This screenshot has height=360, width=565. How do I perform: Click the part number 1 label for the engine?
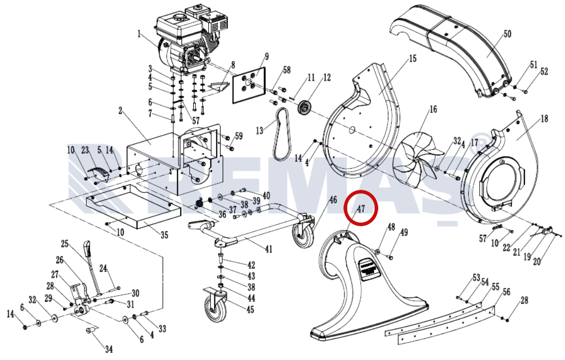click(139, 34)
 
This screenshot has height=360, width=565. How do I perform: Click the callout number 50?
click(507, 34)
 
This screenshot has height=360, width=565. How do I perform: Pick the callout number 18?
click(544, 119)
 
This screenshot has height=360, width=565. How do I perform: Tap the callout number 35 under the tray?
click(165, 236)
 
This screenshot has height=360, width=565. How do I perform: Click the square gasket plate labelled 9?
click(249, 85)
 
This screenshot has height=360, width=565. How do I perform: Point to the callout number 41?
click(268, 248)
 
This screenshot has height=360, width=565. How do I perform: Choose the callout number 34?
click(109, 349)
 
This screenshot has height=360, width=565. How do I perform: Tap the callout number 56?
click(506, 292)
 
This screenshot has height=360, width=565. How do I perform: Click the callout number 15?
click(412, 59)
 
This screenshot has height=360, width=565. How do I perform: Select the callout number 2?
click(120, 111)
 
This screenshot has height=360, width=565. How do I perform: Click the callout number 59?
click(239, 136)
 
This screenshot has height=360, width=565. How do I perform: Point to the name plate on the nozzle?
click(369, 267)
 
